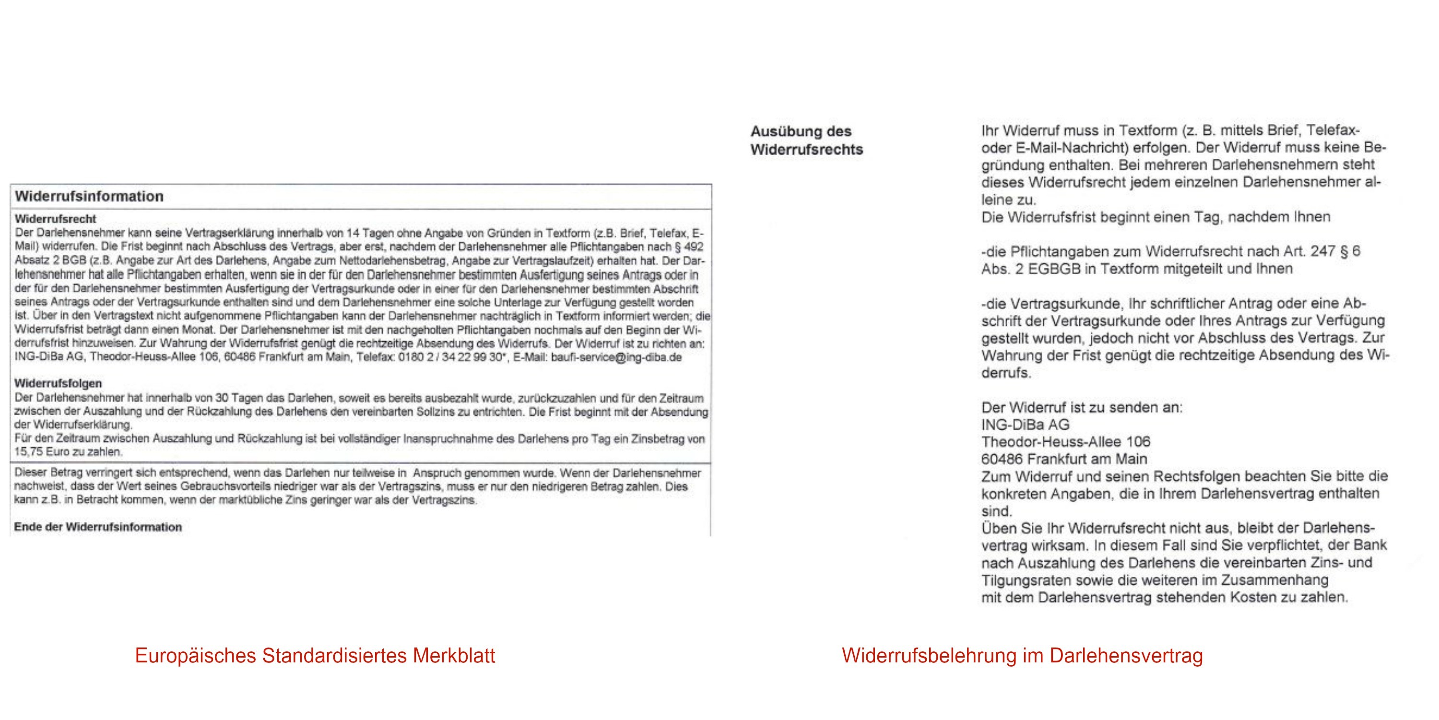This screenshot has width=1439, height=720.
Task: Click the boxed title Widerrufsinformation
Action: tap(89, 196)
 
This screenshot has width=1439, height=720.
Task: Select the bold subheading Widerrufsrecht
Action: tap(55, 218)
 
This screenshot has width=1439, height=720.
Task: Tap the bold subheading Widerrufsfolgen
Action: tap(58, 384)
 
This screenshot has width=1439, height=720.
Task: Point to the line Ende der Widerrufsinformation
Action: tap(98, 527)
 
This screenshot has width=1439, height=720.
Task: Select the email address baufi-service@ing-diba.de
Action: tap(616, 357)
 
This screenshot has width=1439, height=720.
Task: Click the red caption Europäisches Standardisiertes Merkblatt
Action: tap(315, 656)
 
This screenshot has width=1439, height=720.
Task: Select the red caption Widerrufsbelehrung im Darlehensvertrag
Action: tap(1022, 656)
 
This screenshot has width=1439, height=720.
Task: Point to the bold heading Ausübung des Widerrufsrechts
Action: tap(806, 140)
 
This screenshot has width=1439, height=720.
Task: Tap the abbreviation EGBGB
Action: tap(1055, 269)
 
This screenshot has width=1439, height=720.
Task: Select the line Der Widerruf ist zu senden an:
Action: tap(1082, 408)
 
